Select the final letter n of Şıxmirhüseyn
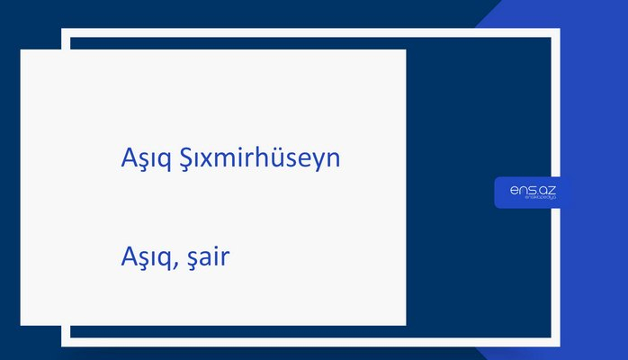coord(332,160)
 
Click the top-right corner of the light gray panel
coord(405,50)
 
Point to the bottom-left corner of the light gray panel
coord(22,324)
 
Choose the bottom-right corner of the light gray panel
coord(405,324)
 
